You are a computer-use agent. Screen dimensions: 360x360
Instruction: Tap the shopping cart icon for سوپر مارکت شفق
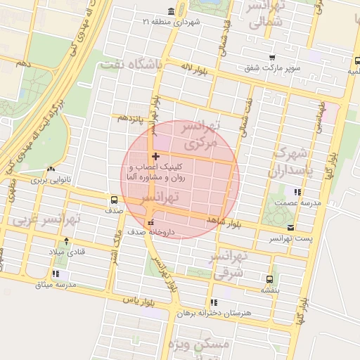272,58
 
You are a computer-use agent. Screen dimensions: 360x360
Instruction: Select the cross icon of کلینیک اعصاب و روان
155,155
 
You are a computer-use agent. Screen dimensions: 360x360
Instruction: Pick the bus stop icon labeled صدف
114,200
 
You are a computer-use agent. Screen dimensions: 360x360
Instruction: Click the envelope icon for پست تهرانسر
290,227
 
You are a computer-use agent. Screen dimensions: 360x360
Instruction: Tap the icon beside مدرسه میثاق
56,274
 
